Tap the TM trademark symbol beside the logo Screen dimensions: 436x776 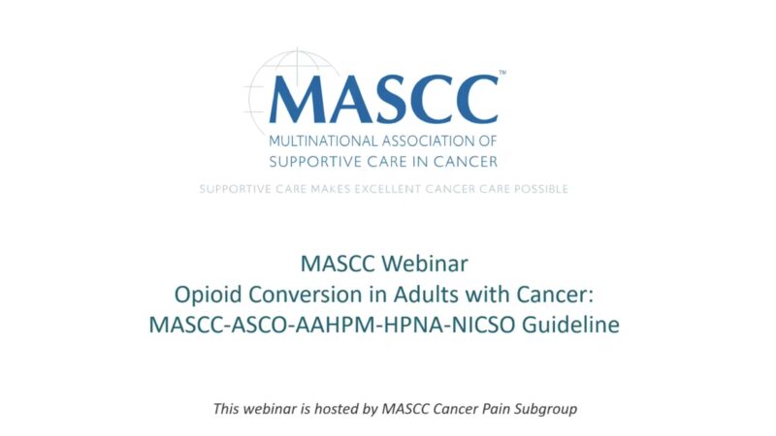coord(501,73)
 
